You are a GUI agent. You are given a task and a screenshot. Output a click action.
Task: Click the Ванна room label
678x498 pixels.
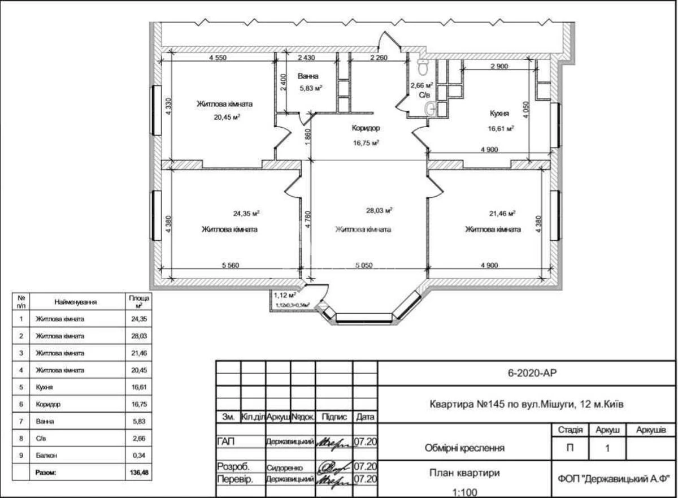(308, 76)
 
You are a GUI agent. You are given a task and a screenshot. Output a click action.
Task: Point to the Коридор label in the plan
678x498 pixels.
(366, 128)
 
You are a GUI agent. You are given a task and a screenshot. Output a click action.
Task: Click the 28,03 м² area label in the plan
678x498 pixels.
(379, 210)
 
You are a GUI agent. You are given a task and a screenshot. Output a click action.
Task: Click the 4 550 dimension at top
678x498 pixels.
(218, 58)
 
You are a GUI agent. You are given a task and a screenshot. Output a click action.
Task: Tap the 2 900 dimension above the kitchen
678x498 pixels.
(499, 66)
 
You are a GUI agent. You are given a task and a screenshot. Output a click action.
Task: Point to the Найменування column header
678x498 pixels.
(76, 302)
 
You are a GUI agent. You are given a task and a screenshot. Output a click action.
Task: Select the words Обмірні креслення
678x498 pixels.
(464, 448)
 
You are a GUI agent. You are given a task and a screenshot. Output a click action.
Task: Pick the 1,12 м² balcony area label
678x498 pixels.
(285, 295)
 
